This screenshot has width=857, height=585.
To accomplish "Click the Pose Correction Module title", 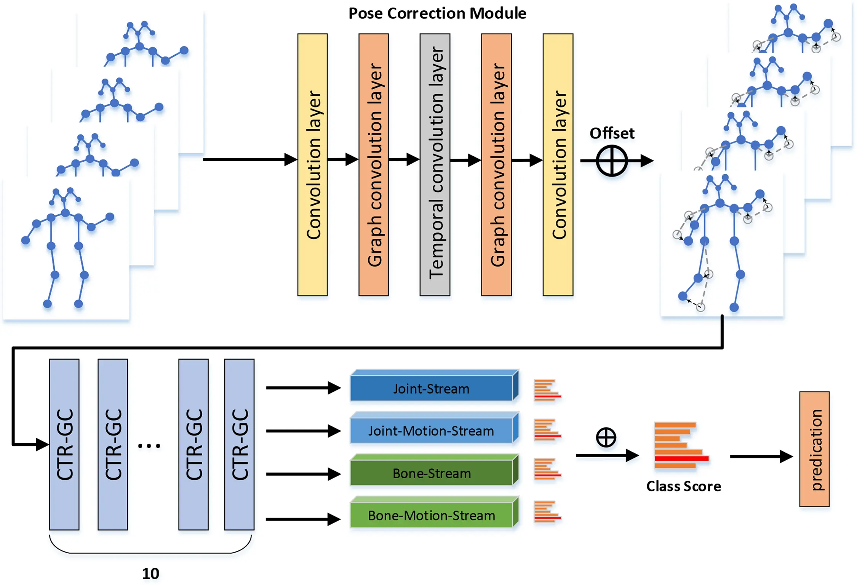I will click(x=437, y=13).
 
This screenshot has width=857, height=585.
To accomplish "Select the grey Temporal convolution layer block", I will click(x=435, y=165).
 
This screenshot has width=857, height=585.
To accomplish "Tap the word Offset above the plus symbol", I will click(x=612, y=133).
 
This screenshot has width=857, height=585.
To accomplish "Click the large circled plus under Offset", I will click(x=611, y=161).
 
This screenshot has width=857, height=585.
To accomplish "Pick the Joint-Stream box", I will click(x=432, y=389).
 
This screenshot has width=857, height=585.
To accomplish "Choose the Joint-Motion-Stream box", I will click(x=432, y=431).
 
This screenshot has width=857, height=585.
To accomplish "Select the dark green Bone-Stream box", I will click(x=432, y=473).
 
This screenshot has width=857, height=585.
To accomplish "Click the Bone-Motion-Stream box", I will click(x=432, y=516).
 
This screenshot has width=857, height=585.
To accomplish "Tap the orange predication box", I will click(x=814, y=449).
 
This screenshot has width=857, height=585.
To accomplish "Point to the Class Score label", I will click(x=683, y=486).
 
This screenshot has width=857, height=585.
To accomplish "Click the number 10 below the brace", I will click(x=150, y=574).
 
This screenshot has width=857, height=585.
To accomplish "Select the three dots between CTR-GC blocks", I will click(x=149, y=445).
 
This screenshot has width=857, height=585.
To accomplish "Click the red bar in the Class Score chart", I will click(x=681, y=458).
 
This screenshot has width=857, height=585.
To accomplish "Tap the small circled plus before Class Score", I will click(x=606, y=437).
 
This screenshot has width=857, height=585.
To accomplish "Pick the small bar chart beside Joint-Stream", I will click(x=547, y=390).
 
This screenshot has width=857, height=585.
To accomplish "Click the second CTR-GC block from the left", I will click(x=113, y=444).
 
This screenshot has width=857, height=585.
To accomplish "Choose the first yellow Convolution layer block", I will click(x=312, y=165).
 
